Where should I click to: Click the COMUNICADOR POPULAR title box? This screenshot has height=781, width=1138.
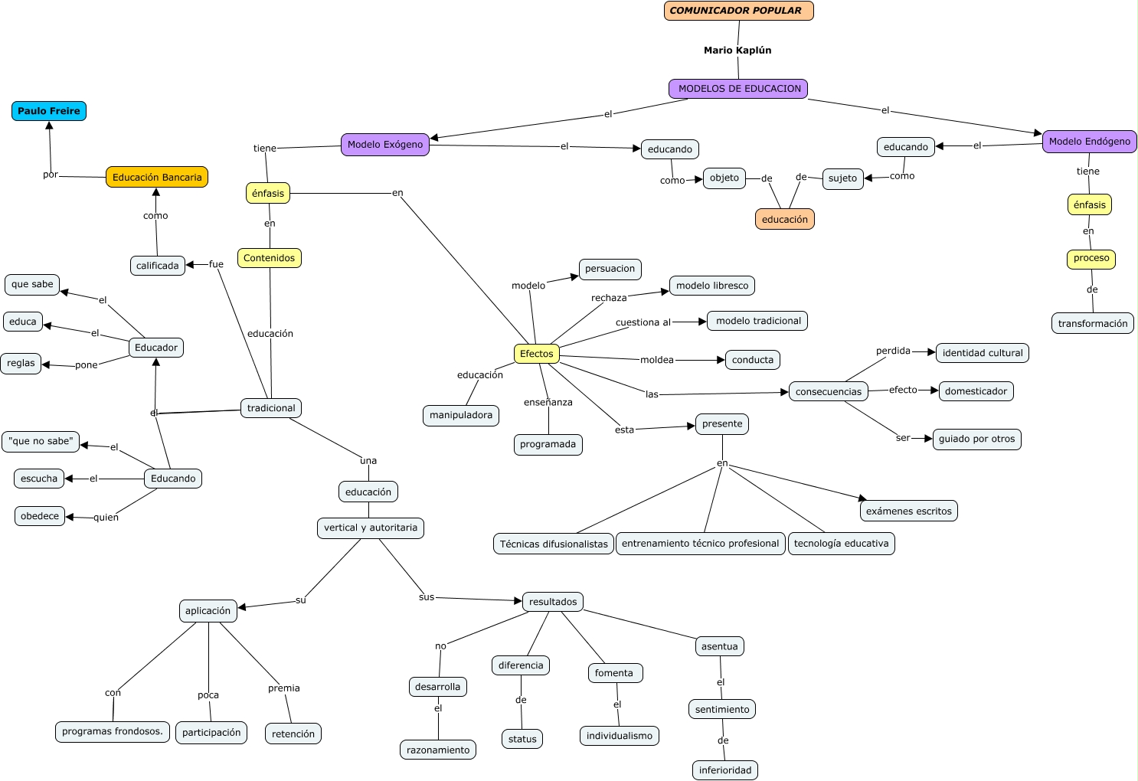coord(738,11)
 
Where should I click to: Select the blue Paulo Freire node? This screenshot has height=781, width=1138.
coord(49,111)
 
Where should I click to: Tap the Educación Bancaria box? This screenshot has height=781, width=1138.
coord(157,177)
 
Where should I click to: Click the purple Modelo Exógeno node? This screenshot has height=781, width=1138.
coord(385,145)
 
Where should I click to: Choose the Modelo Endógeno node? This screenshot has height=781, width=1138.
coord(1089,142)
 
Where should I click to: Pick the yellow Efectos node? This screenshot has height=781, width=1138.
coord(536,354)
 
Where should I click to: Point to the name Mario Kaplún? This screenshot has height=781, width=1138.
coord(737,51)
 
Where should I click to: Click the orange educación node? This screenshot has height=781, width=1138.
coord(784,219)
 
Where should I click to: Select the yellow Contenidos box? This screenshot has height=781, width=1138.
coord(269,258)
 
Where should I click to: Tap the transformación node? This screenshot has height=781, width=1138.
coord(1092,323)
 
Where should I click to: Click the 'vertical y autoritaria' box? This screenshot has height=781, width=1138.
coord(371,528)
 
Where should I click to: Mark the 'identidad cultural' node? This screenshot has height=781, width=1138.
coord(982,353)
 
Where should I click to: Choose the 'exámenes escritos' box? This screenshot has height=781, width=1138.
coord(908,511)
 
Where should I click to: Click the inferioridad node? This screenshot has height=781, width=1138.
coord(724,770)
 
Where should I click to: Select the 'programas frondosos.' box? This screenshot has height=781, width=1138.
coord(113,731)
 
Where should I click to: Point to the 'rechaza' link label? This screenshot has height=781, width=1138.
coord(609,298)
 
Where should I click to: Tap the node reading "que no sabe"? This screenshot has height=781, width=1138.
coord(41,441)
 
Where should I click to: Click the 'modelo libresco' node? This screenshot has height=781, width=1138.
coord(712,286)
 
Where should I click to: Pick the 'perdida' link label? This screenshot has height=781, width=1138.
coord(893,351)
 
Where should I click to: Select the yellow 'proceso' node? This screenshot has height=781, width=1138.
coord(1091,259)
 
